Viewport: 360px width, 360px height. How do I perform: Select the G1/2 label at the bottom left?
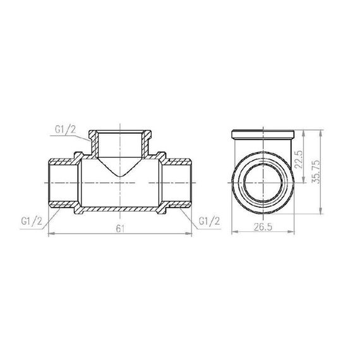32,221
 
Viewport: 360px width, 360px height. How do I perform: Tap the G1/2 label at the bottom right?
209,221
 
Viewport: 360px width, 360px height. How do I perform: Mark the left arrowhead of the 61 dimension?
51,234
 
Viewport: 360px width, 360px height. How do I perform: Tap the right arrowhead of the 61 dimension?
189,234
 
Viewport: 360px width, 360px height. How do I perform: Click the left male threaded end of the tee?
61,181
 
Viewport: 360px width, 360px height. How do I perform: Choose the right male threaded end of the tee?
177,181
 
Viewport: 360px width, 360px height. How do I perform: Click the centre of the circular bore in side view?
262,182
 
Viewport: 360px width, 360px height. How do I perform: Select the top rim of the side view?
265,134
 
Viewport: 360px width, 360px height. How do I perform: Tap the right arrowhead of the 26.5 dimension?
295,234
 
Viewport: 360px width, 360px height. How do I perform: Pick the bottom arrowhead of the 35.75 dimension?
323,211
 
